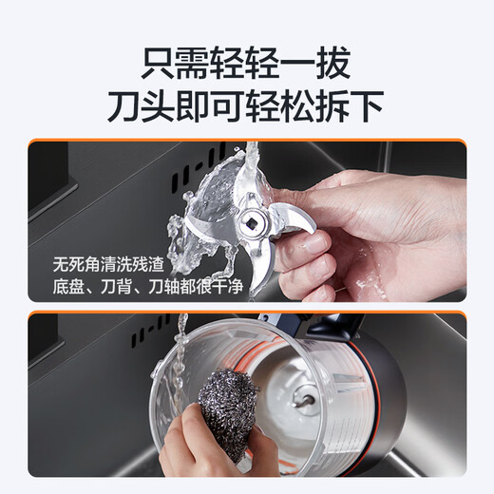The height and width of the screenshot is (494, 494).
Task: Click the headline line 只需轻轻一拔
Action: click(x=246, y=64)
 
